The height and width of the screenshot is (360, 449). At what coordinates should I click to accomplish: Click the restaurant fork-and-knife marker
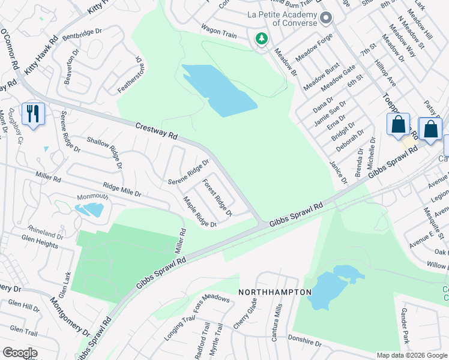coord(33,113)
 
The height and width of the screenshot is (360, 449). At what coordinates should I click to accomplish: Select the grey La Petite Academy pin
coord(326,19)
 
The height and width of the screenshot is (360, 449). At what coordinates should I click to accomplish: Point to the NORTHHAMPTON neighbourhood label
coord(275,292)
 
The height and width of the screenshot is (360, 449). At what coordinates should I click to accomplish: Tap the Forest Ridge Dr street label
coord(217,197)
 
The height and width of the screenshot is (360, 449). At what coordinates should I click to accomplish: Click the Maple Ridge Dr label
coord(199,213)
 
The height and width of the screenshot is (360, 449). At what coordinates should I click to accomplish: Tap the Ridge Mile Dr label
coord(122,190)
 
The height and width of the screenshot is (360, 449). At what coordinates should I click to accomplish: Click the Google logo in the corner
coord(19,352)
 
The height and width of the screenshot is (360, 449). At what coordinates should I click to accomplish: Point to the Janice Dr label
coord(337,172)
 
